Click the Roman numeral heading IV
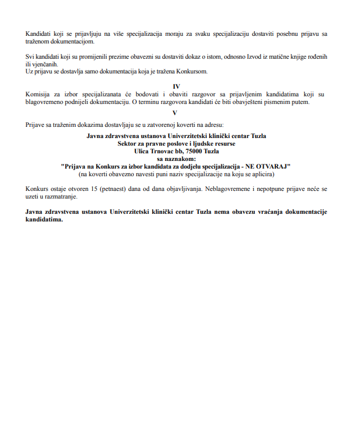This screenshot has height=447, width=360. [x=176, y=86]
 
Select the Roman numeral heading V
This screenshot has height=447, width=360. [x=176, y=113]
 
